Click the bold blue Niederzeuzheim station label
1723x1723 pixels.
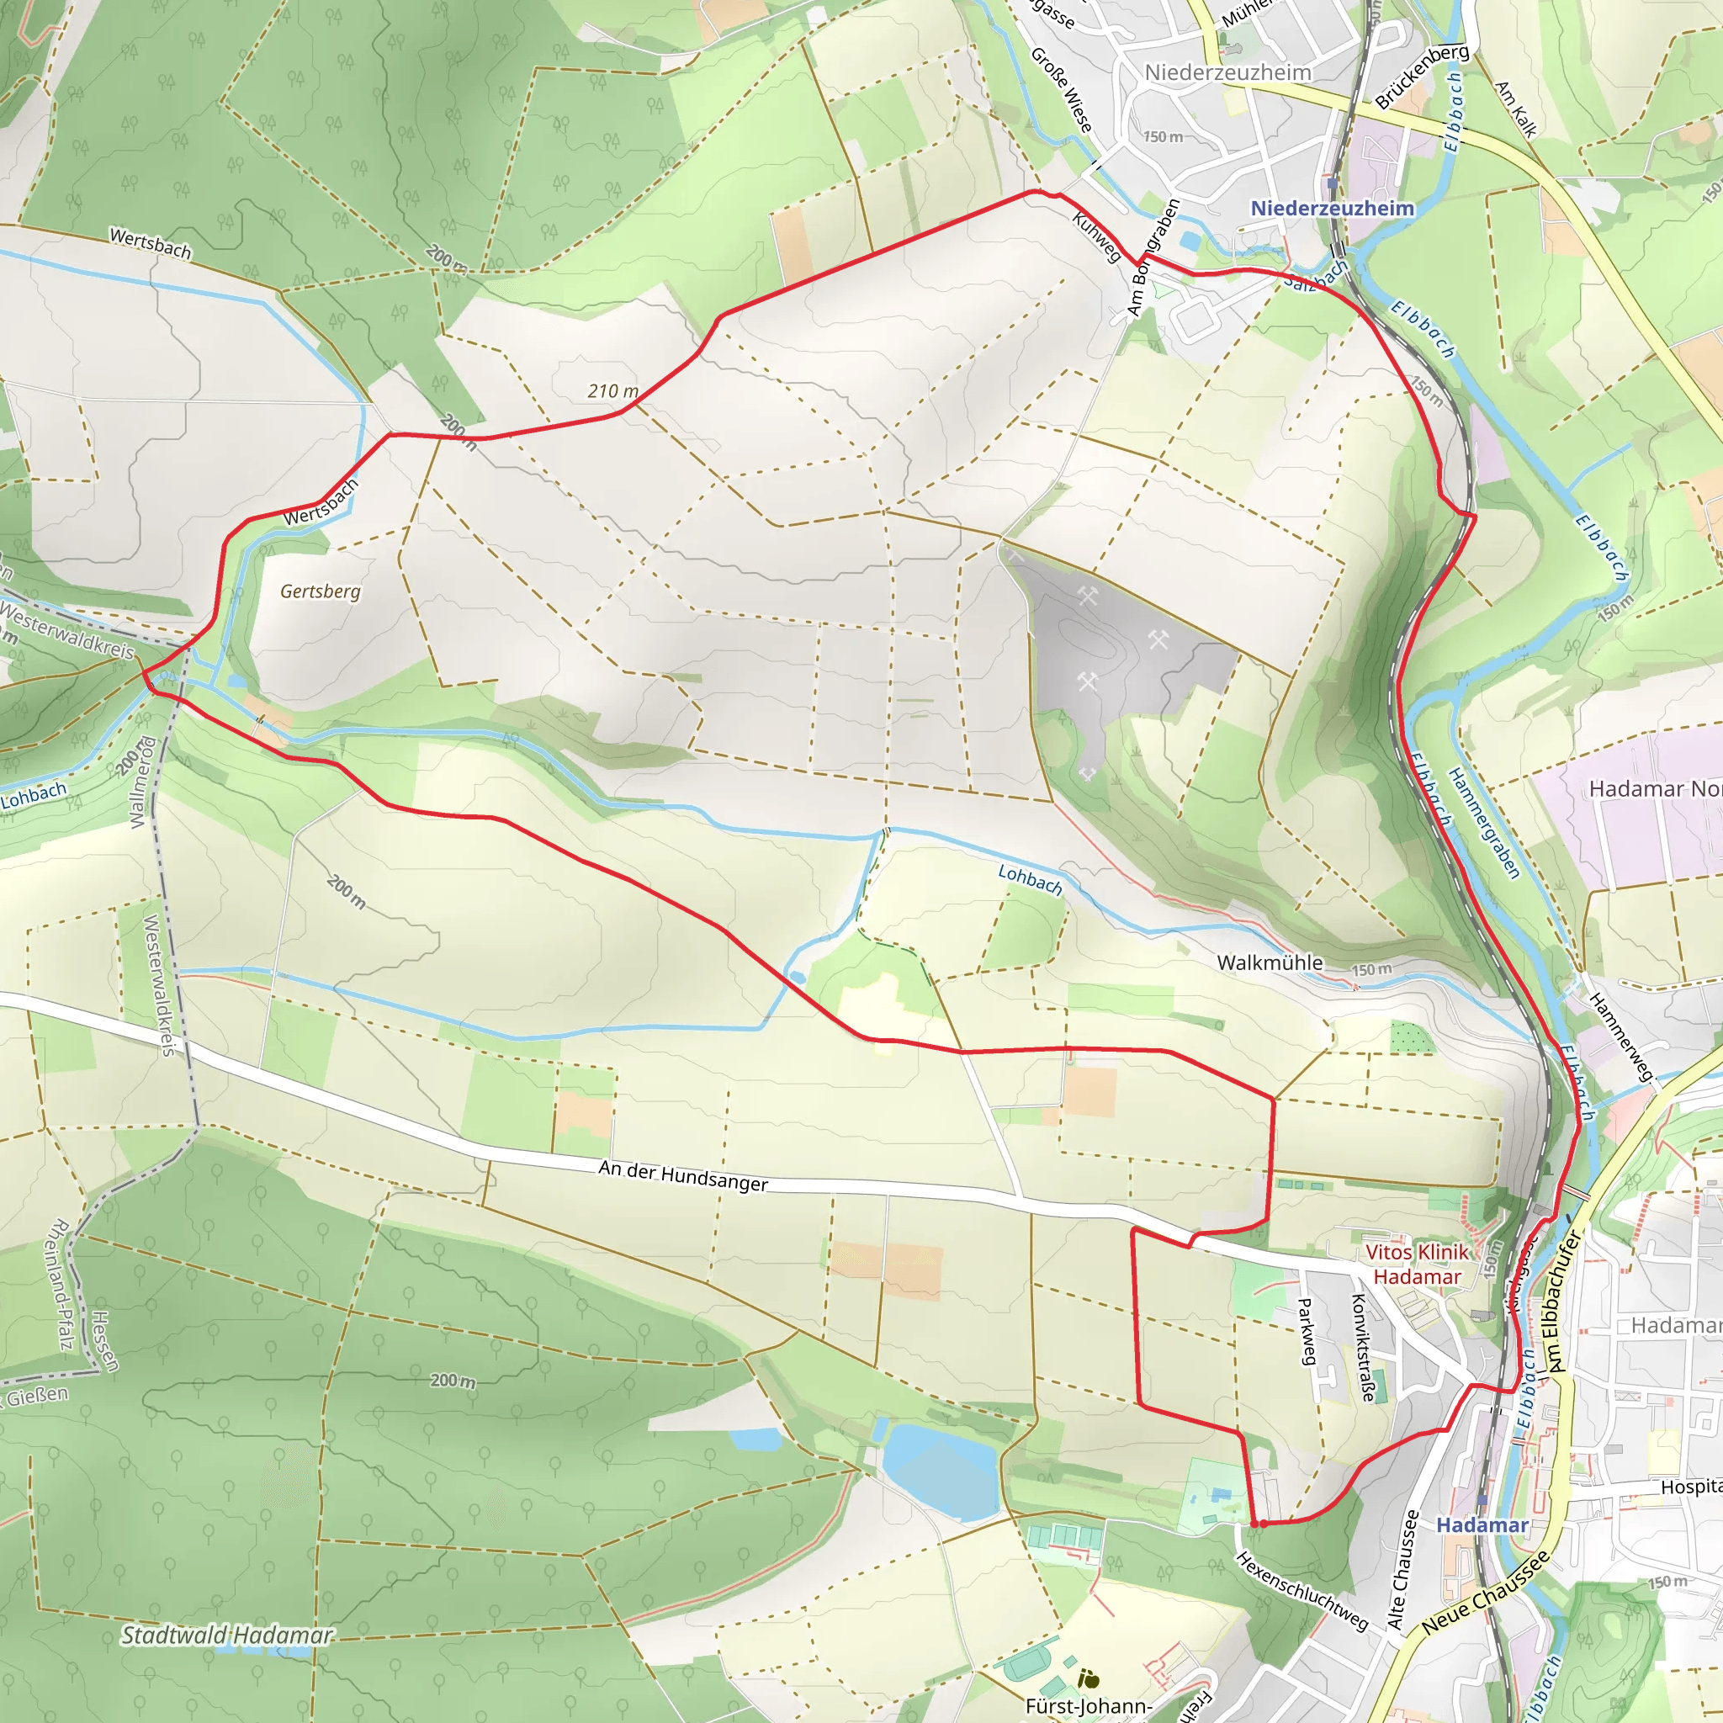pyautogui.click(x=1332, y=208)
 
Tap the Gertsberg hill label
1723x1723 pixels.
pyautogui.click(x=321, y=591)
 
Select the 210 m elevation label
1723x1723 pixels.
pyautogui.click(x=612, y=390)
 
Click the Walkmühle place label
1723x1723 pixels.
pyautogui.click(x=1269, y=962)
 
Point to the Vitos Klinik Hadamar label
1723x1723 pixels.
pyautogui.click(x=1416, y=1264)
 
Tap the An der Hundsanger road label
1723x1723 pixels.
pyautogui.click(x=682, y=1175)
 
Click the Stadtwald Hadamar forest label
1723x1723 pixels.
pyautogui.click(x=226, y=1635)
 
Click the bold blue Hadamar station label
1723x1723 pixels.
pyautogui.click(x=1482, y=1525)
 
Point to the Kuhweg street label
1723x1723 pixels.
pyautogui.click(x=1096, y=237)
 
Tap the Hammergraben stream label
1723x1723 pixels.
pyautogui.click(x=1483, y=823)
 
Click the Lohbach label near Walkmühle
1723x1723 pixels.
pyautogui.click(x=1030, y=879)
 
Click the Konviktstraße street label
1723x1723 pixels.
pyautogui.click(x=1363, y=1347)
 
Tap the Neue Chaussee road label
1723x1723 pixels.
pyautogui.click(x=1485, y=1593)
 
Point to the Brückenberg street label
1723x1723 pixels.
pyautogui.click(x=1422, y=76)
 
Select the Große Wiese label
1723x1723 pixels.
pyautogui.click(x=1063, y=90)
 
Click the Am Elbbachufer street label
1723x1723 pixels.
pyautogui.click(x=1563, y=1302)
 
